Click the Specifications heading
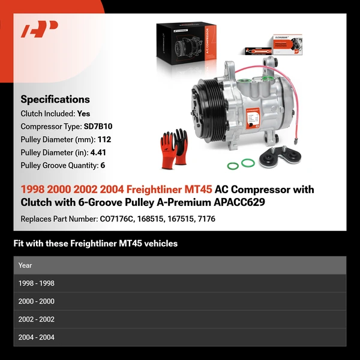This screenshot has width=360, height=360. tap(55, 100)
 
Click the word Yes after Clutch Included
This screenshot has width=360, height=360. tap(83, 113)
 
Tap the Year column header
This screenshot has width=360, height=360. tap(25, 265)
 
